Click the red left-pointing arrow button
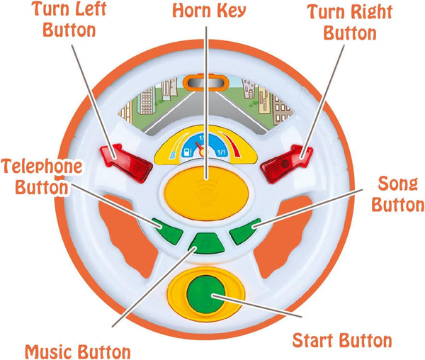coord(126,163)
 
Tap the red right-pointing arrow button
coord(286,164)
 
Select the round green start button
coord(206,294)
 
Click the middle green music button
coord(206,243)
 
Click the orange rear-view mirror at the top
coord(206,82)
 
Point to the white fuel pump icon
coord(188,152)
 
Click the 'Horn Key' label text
coord(209,11)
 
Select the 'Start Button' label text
coord(342,340)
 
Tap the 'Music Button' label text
coord(78,351)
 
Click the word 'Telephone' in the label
coord(42,167)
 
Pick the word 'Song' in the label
coord(397,184)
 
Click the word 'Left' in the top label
coord(91,9)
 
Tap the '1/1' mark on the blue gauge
coord(222,152)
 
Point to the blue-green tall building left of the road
coord(147,101)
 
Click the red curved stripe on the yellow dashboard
coord(231,144)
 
